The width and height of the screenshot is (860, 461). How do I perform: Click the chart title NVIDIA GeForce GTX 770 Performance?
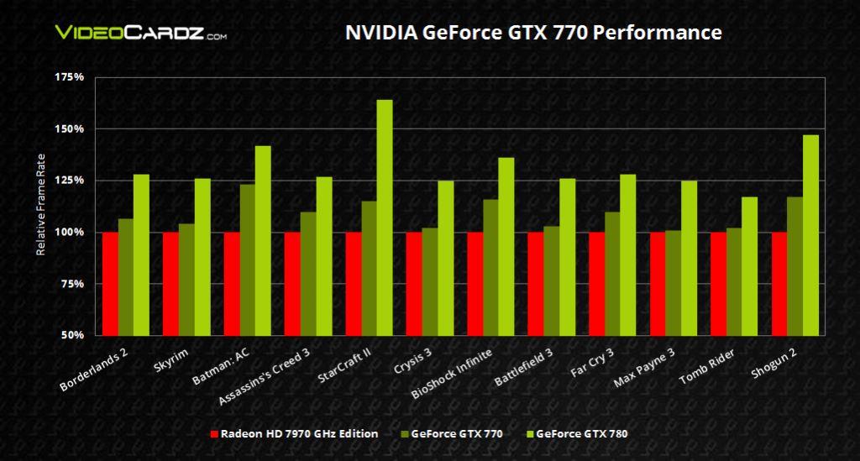click(x=533, y=33)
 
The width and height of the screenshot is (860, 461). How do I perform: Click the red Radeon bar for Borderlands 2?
click(x=110, y=283)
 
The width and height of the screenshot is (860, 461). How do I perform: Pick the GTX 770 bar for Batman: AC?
click(x=247, y=259)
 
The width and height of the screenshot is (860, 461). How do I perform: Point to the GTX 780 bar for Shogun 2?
click(x=810, y=234)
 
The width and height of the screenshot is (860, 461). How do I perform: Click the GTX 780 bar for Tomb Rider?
click(x=750, y=265)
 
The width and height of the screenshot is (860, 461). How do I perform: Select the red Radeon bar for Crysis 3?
click(x=414, y=283)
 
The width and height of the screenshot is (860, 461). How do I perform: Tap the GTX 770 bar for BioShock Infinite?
click(x=490, y=267)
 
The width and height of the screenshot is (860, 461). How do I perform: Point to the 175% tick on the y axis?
click(x=71, y=77)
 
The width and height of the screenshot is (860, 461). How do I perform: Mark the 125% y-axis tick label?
click(x=71, y=181)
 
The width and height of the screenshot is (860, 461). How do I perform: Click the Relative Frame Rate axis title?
click(x=39, y=206)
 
